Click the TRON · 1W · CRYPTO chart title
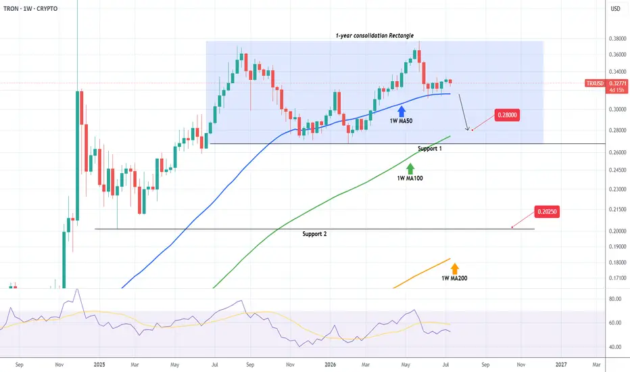click(x=30, y=8)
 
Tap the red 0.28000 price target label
click(x=507, y=116)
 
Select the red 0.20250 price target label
click(x=547, y=212)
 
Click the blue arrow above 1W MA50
click(x=401, y=112)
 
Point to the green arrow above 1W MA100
click(x=410, y=169)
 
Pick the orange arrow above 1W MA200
click(x=454, y=269)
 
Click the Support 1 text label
click(x=429, y=148)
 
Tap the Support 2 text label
click(x=314, y=233)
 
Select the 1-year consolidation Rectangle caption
click(x=374, y=35)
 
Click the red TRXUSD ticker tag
click(x=595, y=83)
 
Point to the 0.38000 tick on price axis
click(x=618, y=39)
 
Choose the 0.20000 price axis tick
click(x=618, y=231)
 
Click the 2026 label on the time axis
click(x=330, y=365)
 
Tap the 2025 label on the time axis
click(x=99, y=365)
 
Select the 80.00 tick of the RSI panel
click(x=615, y=299)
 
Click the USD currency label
click(x=616, y=8)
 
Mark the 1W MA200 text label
click(x=454, y=278)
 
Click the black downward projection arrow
click(x=464, y=112)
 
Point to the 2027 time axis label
click(x=561, y=365)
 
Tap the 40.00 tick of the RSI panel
click(x=615, y=347)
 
